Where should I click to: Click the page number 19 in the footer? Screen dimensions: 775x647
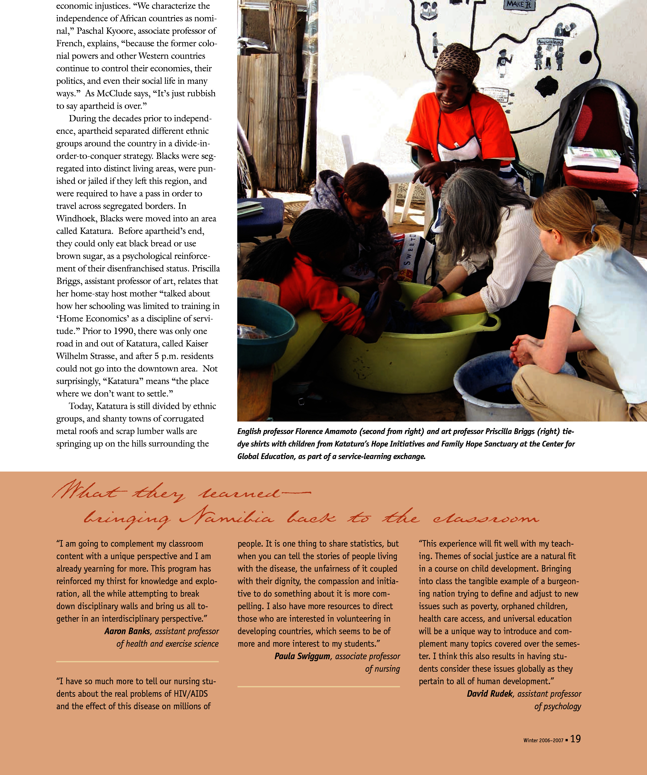(575, 738)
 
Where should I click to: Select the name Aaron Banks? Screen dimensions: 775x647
(127, 631)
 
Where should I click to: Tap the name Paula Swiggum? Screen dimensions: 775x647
(302, 656)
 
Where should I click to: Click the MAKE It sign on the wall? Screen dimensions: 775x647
(518, 5)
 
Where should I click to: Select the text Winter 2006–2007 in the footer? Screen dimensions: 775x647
(543, 740)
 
